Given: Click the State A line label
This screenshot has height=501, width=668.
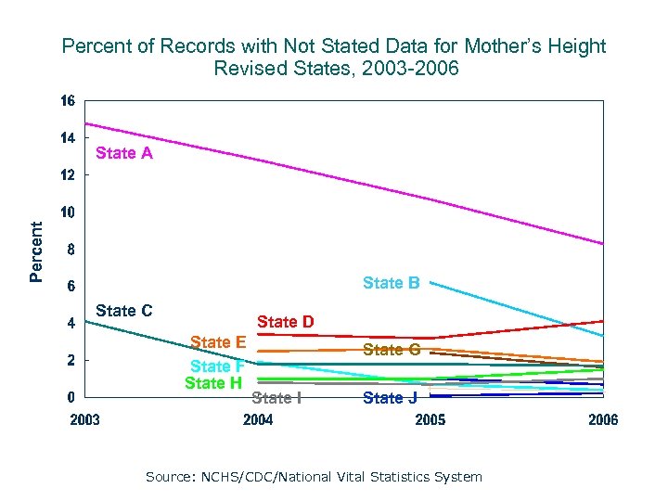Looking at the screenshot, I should (124, 154).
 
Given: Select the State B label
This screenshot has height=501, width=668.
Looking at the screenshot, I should (391, 283).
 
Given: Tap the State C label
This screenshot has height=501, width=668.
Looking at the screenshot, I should (124, 311).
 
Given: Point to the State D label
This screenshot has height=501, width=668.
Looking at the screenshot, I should (285, 322).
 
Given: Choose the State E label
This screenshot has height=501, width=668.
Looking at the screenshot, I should (217, 342).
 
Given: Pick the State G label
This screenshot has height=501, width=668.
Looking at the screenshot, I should (391, 350).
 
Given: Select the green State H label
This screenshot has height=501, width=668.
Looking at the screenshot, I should (213, 382).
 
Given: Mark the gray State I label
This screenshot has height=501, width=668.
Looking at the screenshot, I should (276, 398).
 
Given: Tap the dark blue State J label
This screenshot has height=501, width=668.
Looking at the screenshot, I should (391, 398).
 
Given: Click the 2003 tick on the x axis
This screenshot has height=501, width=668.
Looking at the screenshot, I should (84, 420).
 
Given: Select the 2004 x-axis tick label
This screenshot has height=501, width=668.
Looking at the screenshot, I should (258, 420).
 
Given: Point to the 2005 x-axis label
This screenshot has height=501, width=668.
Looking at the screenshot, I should (430, 420).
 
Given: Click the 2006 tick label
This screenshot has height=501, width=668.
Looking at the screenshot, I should (602, 420).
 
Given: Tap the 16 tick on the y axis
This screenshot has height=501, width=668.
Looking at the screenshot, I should (68, 100).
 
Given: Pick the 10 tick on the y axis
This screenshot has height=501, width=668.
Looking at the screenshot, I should (68, 212).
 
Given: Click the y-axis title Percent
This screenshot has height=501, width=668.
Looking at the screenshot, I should (35, 250).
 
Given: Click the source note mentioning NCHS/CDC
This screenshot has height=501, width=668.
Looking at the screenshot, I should (314, 477).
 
